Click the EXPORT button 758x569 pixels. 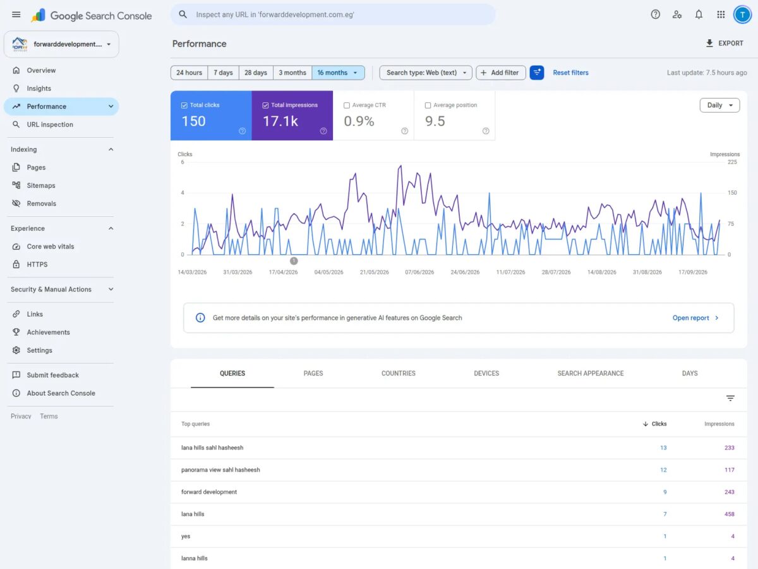click(x=724, y=43)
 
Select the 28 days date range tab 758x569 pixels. click(x=256, y=73)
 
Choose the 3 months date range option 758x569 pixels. click(x=292, y=73)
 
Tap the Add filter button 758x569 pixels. click(x=500, y=73)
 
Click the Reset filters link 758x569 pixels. click(x=570, y=73)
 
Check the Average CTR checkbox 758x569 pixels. click(x=347, y=106)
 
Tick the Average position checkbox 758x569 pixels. click(x=428, y=106)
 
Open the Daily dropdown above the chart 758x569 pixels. click(x=719, y=105)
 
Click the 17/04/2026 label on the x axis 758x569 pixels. click(x=283, y=272)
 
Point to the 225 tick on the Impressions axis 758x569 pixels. click(x=732, y=162)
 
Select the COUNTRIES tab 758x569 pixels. click(x=398, y=374)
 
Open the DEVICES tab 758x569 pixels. click(x=486, y=374)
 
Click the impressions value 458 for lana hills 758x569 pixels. click(x=730, y=514)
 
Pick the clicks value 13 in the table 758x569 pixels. click(x=663, y=448)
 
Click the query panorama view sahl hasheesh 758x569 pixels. click(x=220, y=470)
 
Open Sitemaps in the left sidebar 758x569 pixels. click(x=41, y=185)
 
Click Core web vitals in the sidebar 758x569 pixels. click(x=51, y=247)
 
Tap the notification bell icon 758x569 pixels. click(x=699, y=15)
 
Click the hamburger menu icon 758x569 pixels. click(x=16, y=15)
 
